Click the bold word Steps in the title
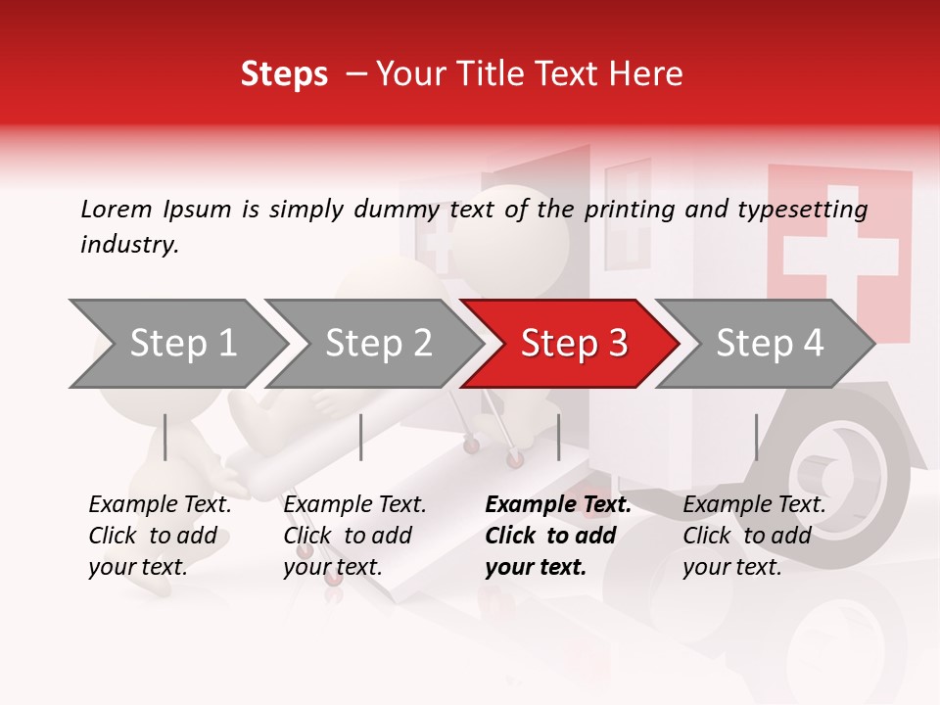[x=284, y=74]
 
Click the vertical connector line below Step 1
[x=165, y=437]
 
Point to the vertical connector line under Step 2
[x=361, y=437]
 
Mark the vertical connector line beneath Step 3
[x=558, y=437]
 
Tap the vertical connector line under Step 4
[x=756, y=437]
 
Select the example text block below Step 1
[x=160, y=536]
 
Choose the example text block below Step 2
[x=354, y=536]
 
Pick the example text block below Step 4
[x=754, y=536]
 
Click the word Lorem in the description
[x=117, y=209]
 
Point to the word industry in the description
[x=129, y=244]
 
